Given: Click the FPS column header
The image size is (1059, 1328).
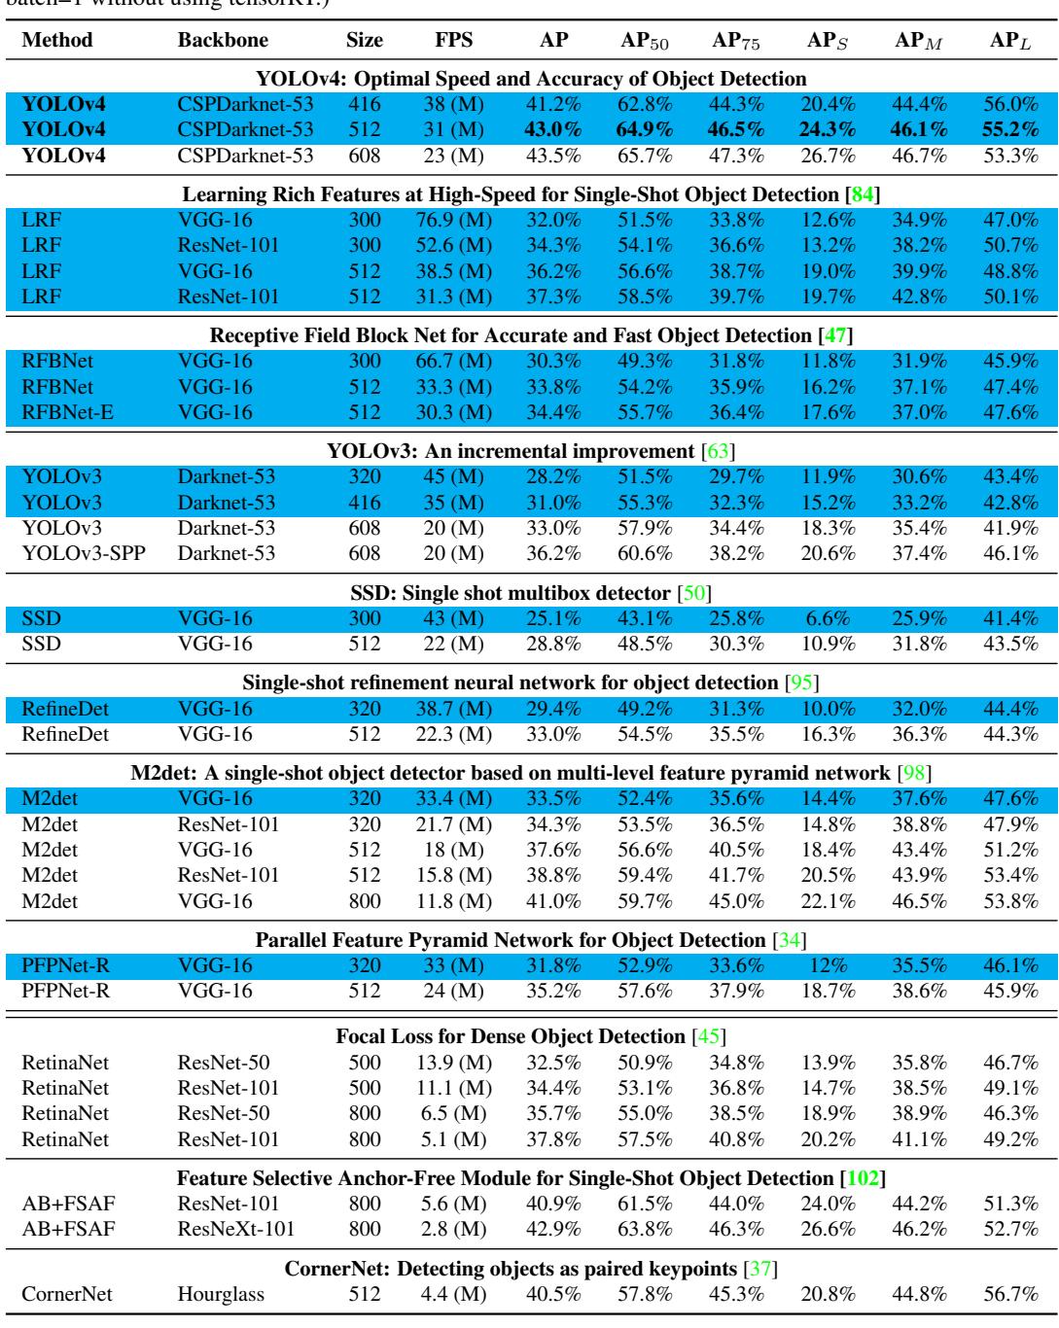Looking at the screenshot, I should [453, 42].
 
